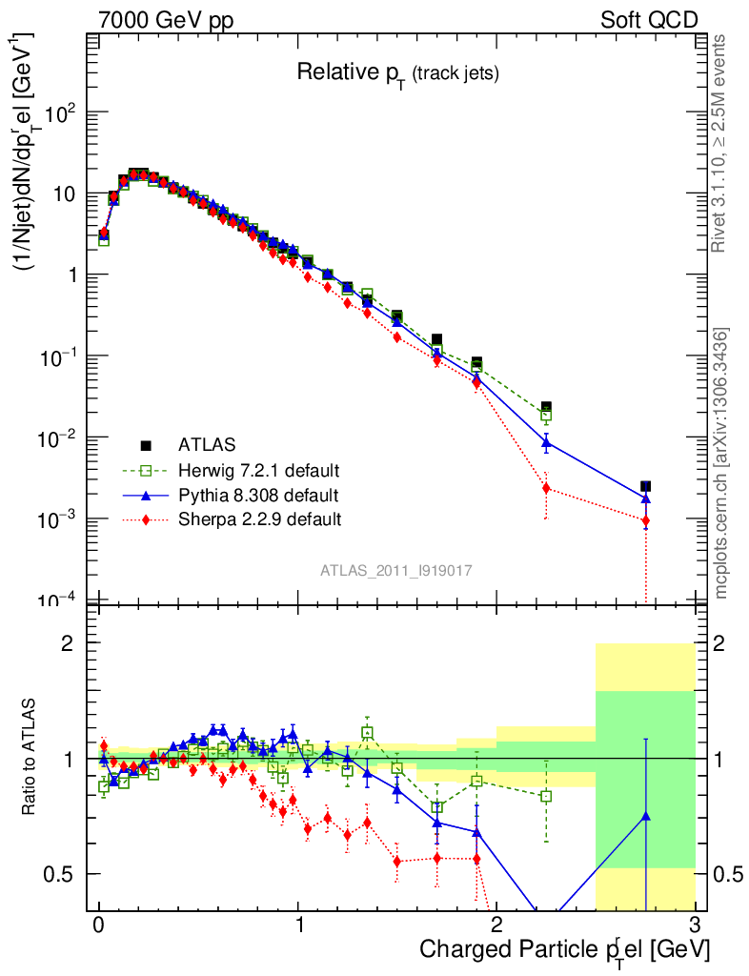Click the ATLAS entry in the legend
[x=206, y=444]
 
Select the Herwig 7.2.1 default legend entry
[x=258, y=470]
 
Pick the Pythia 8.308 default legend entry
[x=257, y=495]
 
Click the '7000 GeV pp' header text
[x=166, y=20]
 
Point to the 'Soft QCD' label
[x=649, y=20]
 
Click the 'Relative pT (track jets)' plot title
[x=397, y=72]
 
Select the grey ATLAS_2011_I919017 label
[x=396, y=570]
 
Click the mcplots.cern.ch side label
[x=722, y=463]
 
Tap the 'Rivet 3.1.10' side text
[x=720, y=143]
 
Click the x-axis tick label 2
[x=496, y=925]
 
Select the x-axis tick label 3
[x=695, y=925]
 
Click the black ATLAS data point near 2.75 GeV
[x=646, y=486]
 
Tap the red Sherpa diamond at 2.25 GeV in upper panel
[x=546, y=488]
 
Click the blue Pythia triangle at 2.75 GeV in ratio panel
[x=646, y=816]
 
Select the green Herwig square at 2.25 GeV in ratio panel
[x=546, y=796]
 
